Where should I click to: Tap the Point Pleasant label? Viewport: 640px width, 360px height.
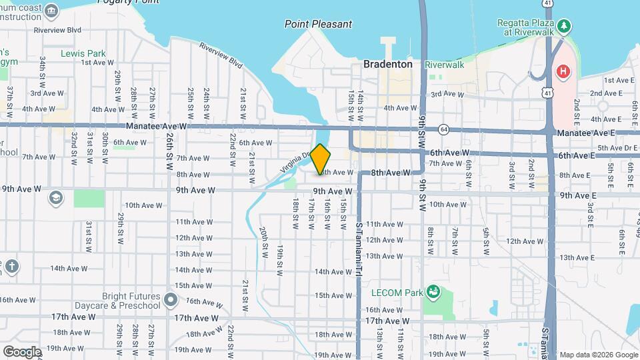pos(318,24)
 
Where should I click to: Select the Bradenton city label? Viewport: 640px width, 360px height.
pos(388,65)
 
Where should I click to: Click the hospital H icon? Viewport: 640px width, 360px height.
pos(563,71)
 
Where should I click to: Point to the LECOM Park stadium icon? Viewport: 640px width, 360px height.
pos(433,291)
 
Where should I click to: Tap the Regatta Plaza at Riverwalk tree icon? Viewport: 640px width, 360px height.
pos(565,26)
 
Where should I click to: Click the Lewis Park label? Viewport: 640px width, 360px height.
pos(83,53)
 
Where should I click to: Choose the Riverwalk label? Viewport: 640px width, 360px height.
pos(444,65)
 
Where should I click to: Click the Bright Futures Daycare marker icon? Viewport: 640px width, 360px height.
pos(170,300)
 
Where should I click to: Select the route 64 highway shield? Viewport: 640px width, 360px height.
pos(444,129)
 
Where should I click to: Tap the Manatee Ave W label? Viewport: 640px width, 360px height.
pos(157,126)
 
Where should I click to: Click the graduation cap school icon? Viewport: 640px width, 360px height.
pos(56,198)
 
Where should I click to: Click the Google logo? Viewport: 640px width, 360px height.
pos(22,351)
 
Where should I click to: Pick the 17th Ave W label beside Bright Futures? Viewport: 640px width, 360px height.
pos(198,317)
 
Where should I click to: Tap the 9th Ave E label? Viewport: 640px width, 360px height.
pos(578,195)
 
